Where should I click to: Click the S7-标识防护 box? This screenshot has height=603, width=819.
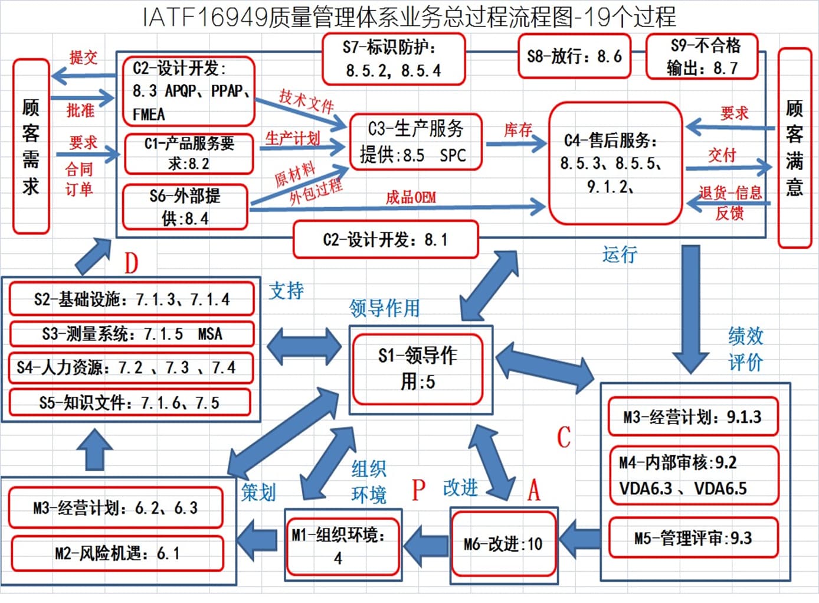(394, 59)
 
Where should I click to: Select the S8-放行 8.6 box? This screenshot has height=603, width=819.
(574, 56)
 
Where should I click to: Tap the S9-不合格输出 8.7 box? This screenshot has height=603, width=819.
(702, 56)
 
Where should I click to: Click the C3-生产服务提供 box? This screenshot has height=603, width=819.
(416, 142)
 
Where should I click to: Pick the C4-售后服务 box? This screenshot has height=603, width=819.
(615, 163)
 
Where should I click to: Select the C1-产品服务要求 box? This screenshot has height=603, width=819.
(189, 154)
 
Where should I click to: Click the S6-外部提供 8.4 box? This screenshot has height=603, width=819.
(185, 207)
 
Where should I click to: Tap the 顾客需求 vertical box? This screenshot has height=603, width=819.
(31, 146)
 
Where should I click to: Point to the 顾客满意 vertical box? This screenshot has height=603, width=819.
(795, 148)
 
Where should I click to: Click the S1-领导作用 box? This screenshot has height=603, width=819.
(418, 369)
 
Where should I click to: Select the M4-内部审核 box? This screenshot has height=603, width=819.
(694, 475)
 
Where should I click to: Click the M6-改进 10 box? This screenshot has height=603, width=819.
(503, 544)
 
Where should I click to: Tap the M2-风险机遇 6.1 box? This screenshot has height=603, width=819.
(117, 553)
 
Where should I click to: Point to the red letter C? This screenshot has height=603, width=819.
(564, 436)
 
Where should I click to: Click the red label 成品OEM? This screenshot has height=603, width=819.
(411, 198)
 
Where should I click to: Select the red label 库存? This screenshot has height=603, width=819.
(518, 130)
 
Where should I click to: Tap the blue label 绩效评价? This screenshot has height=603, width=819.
(745, 349)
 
